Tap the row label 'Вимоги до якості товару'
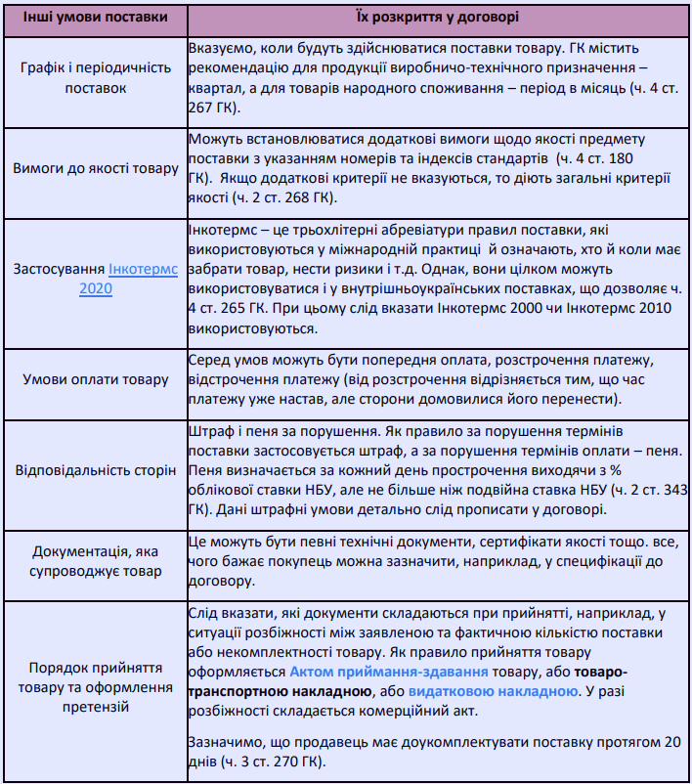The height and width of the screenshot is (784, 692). (95, 168)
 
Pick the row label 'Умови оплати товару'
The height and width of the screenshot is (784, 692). (95, 379)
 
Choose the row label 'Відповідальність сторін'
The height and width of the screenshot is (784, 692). (95, 469)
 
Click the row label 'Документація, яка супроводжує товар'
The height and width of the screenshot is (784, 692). (95, 561)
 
